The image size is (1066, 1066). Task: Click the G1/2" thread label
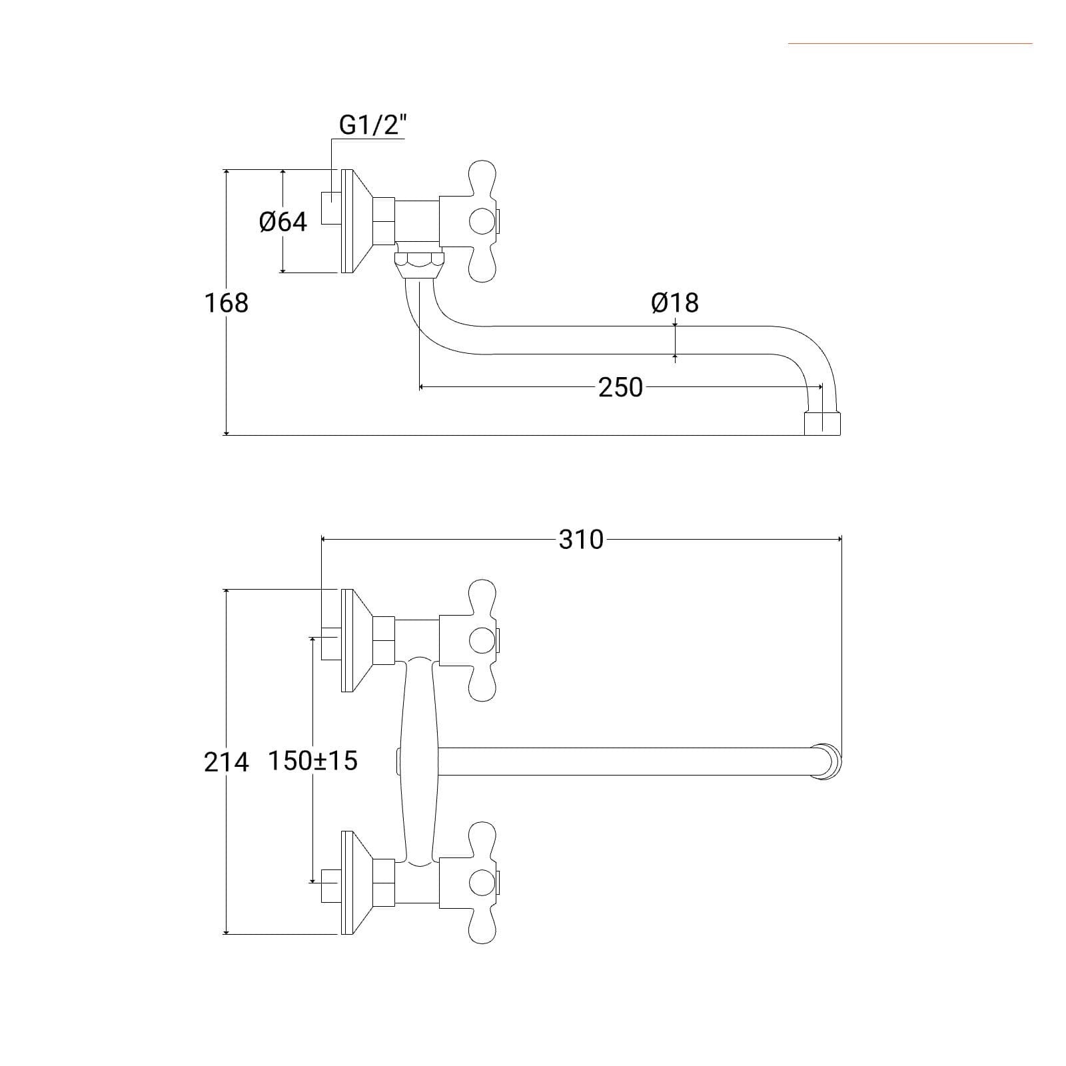coord(372,125)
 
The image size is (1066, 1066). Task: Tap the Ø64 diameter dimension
coord(283,222)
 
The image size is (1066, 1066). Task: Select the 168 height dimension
coord(226,302)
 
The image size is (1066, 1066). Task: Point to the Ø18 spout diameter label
coord(675,302)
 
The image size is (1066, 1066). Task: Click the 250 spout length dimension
coord(620,387)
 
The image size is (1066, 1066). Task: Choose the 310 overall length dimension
coord(581,540)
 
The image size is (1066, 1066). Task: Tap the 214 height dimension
coord(226,762)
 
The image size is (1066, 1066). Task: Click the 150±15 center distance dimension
coord(312,760)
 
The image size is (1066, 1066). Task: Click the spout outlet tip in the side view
coord(822,423)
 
